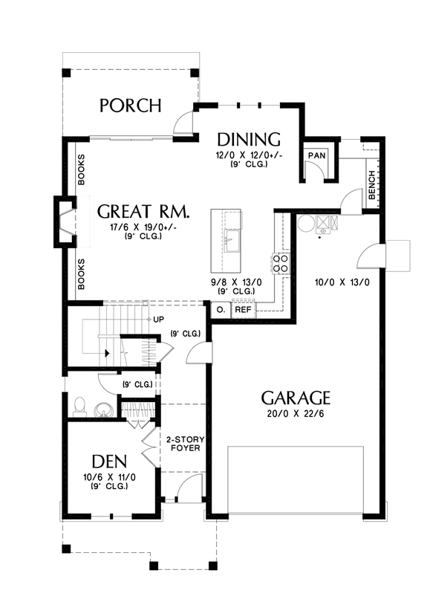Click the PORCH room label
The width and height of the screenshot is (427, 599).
[130, 106]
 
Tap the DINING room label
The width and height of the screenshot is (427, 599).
[249, 139]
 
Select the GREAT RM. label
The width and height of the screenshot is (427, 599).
[143, 211]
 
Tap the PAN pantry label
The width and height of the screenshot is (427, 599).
[316, 155]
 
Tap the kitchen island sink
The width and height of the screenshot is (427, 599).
[232, 241]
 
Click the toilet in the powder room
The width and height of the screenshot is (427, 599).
[80, 406]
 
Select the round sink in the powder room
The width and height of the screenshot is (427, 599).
[103, 408]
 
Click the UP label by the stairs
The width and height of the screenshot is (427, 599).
[158, 320]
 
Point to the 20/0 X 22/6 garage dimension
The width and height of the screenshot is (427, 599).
[296, 413]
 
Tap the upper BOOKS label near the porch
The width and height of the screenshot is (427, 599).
[81, 170]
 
